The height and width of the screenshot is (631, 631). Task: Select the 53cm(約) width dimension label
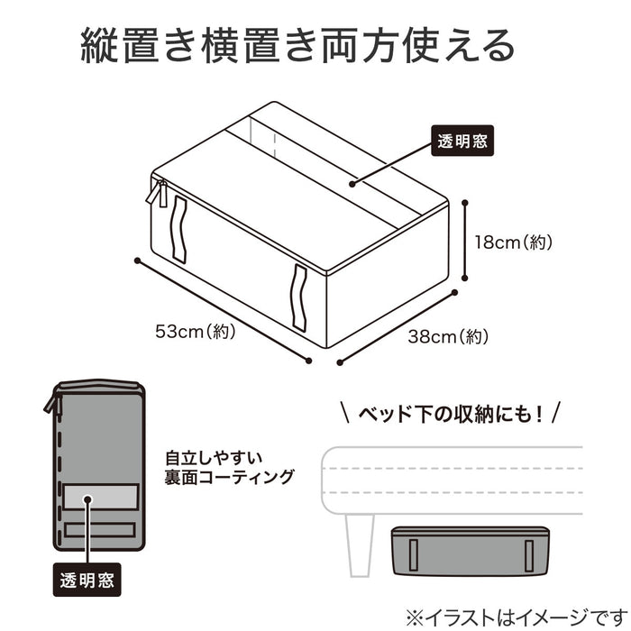(195, 332)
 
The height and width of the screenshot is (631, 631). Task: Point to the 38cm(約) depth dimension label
(447, 338)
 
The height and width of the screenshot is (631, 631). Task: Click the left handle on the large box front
(178, 229)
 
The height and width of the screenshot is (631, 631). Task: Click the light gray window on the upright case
(100, 497)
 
